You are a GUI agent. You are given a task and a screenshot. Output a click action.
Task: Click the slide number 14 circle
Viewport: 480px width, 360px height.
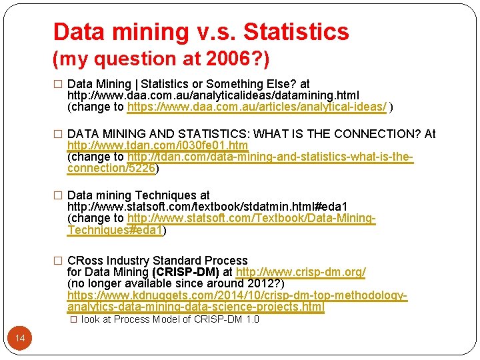20,339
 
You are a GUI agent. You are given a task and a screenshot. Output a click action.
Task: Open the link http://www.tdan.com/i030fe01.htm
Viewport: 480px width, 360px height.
158,145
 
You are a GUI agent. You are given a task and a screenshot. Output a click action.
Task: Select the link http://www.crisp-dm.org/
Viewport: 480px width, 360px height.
301,272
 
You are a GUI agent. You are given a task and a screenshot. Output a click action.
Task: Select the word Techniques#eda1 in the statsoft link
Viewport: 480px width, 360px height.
114,230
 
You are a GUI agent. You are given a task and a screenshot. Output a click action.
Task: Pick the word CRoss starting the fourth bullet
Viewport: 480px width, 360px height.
85,261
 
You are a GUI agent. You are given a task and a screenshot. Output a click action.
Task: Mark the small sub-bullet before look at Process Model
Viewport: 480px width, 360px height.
74,319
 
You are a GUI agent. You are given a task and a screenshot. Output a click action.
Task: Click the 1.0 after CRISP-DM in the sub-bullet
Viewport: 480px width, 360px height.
251,319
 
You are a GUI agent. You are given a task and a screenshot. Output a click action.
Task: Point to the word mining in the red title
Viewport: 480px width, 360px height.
151,31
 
